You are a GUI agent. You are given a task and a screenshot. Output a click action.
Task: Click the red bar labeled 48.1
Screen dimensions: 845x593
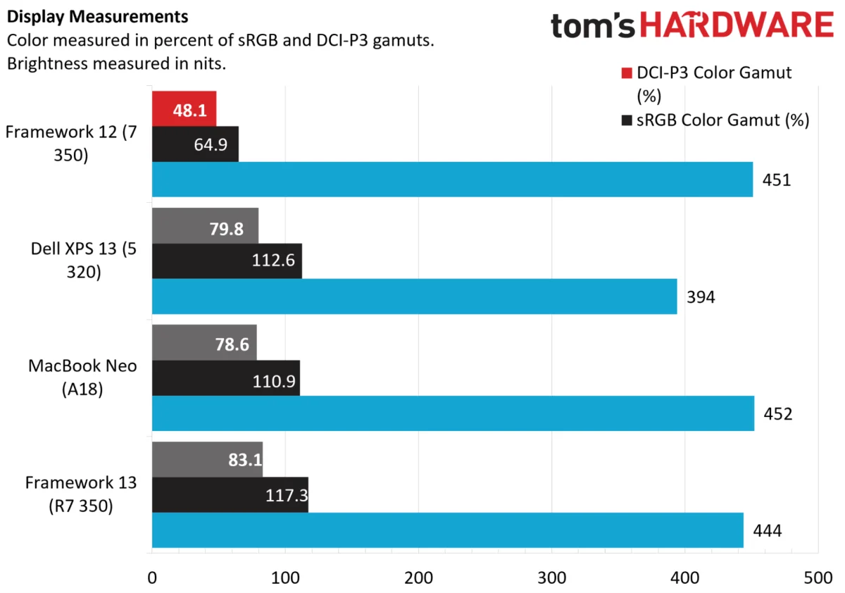click(184, 108)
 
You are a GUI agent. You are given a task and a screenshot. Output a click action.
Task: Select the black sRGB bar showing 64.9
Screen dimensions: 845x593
click(195, 144)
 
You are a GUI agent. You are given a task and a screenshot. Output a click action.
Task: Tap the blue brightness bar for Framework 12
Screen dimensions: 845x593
click(452, 180)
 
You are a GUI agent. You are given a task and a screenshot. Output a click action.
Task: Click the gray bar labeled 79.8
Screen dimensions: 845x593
click(205, 225)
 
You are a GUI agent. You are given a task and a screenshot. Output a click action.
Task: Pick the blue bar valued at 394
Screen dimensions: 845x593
click(415, 296)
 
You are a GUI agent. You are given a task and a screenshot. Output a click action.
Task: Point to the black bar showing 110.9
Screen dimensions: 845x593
click(226, 378)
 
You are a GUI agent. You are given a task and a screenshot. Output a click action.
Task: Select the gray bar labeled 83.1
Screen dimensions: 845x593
click(208, 459)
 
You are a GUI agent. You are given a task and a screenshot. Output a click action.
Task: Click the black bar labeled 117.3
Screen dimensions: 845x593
click(230, 495)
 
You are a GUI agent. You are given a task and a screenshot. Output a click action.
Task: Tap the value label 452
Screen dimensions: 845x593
click(778, 414)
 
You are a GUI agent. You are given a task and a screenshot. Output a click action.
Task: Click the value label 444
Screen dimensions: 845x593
click(768, 531)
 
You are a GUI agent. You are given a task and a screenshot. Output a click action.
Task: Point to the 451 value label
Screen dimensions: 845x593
click(776, 180)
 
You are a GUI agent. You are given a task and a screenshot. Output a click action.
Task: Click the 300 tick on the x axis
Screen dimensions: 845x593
click(551, 578)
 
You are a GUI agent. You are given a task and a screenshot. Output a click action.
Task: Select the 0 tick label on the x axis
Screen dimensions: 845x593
click(152, 578)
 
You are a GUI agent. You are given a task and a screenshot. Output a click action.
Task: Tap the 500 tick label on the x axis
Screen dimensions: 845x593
click(818, 578)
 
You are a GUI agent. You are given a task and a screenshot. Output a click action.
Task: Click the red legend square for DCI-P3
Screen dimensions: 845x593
click(627, 73)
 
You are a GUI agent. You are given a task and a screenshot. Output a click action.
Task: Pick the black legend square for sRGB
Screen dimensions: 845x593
click(627, 120)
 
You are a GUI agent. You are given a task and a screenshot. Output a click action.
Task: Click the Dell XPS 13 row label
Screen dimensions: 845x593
click(84, 260)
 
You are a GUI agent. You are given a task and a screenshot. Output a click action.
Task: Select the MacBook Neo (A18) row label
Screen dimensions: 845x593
click(82, 377)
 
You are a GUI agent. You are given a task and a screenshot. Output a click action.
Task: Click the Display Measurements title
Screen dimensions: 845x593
click(97, 17)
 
